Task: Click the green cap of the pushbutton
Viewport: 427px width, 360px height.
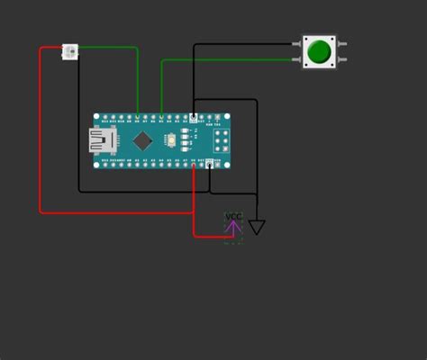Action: pos(318,50)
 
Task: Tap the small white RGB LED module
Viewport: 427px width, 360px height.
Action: pos(70,51)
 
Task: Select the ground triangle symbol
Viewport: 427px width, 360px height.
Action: pos(257,228)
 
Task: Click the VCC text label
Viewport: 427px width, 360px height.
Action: pos(233,215)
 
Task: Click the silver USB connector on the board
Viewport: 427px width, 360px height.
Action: pos(98,139)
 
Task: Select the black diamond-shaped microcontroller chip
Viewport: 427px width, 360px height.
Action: pos(142,140)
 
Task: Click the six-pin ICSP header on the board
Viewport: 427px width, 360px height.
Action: pos(221,139)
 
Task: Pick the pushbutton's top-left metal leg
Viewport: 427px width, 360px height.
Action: pos(298,42)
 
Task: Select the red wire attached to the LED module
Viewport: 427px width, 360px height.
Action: pos(41,135)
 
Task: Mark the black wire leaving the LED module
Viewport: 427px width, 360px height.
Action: pos(78,135)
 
